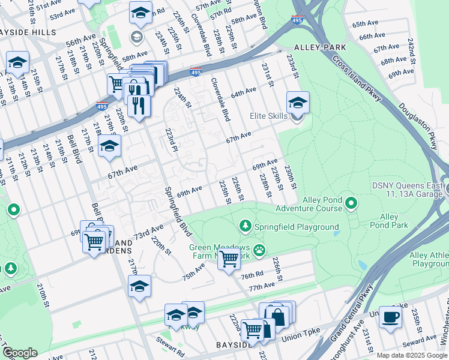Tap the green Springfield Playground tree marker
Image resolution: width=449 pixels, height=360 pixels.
pos(245,226)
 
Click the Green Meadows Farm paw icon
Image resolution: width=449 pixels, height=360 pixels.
pos(259,250)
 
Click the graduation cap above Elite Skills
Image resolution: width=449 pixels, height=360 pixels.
pos(297,102)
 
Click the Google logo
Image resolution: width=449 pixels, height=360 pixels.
pos(19,353)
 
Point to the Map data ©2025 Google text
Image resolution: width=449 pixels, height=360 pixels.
pos(411,355)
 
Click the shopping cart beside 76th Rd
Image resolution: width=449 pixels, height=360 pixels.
pos(228,259)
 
